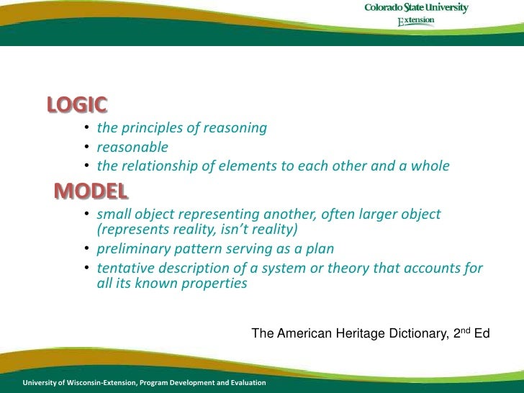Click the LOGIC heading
coord(77,105)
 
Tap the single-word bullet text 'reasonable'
coord(132,148)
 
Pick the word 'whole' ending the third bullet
coord(430,166)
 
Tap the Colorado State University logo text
coord(416,9)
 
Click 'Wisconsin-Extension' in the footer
coord(96,382)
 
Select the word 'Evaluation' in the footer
coord(244,382)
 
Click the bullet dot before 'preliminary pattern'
coord(85,250)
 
